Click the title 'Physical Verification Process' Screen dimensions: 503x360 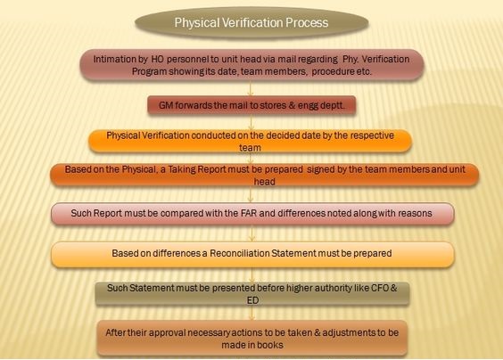[251, 23]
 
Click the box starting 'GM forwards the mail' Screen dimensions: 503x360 [251, 105]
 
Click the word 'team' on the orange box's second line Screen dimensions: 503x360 [250, 148]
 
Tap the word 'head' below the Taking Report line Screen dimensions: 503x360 [265, 182]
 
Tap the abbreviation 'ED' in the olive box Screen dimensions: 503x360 [252, 300]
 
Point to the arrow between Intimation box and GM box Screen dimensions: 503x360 [251, 88]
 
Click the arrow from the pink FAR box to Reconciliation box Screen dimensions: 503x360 [251, 233]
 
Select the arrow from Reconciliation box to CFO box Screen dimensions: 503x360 [251, 275]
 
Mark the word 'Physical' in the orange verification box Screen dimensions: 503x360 [123, 135]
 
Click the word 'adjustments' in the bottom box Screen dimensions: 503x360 [346, 332]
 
